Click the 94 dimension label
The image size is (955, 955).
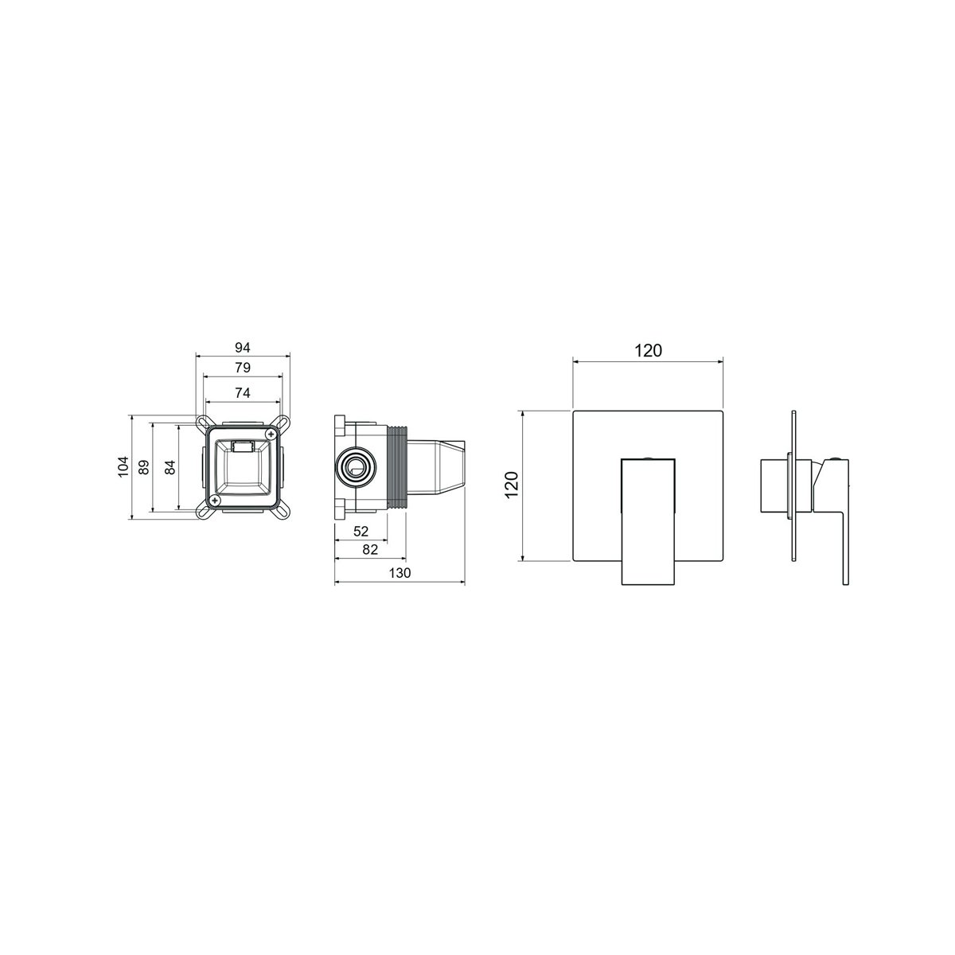pos(243,348)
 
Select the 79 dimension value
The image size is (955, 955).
pos(243,368)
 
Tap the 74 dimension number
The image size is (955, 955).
pos(243,393)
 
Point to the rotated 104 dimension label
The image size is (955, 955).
pos(123,467)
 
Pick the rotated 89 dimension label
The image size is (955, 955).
pos(143,467)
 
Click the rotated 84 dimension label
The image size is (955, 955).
pos(170,467)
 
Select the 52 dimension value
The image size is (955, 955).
pos(361,532)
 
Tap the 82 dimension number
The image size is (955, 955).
pos(370,549)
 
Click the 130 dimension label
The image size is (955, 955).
pos(400,573)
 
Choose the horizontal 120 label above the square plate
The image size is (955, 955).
pos(649,350)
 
